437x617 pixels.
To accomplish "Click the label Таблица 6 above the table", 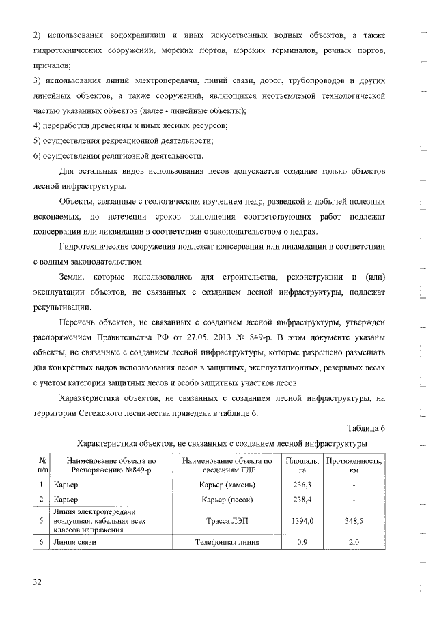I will click(x=367, y=428).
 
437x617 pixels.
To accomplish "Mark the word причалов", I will click(x=51, y=66).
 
